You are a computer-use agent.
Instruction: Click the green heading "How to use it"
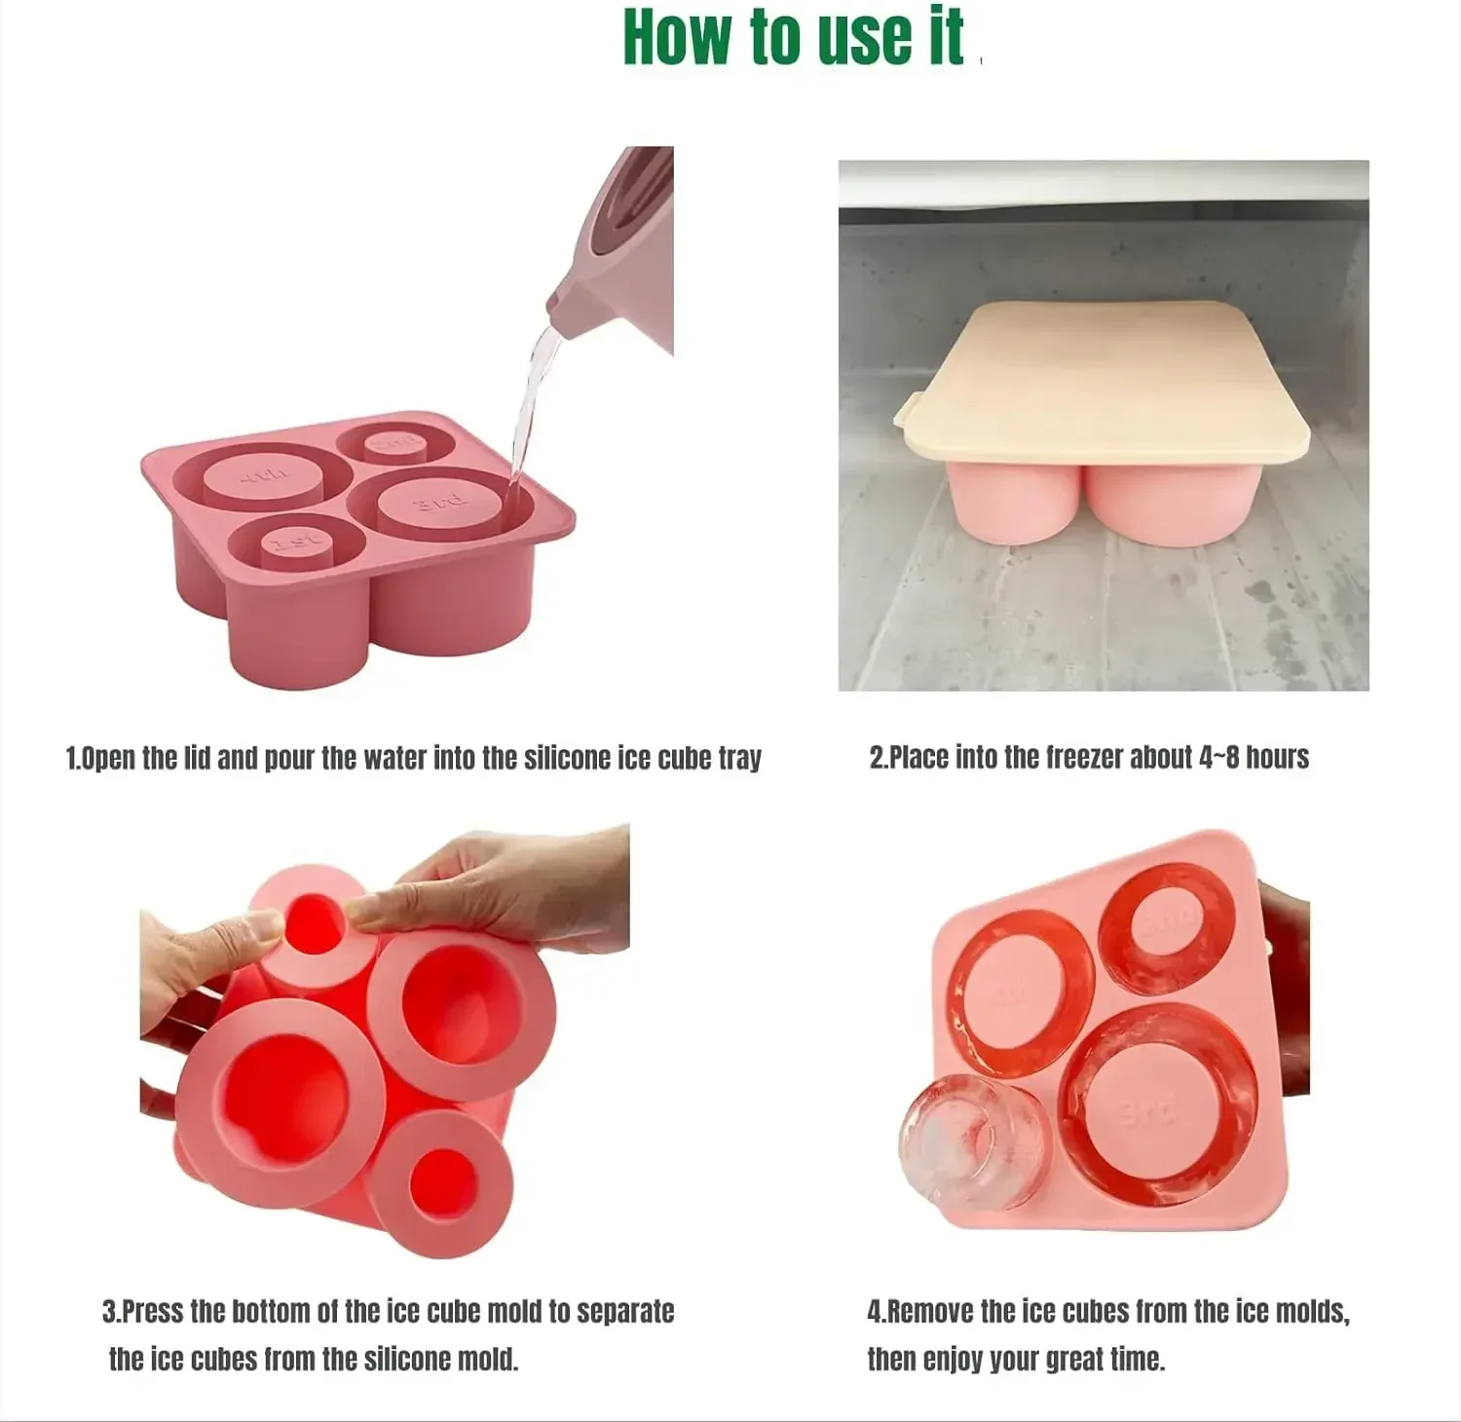point(793,39)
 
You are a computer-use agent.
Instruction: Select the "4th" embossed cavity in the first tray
point(263,476)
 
